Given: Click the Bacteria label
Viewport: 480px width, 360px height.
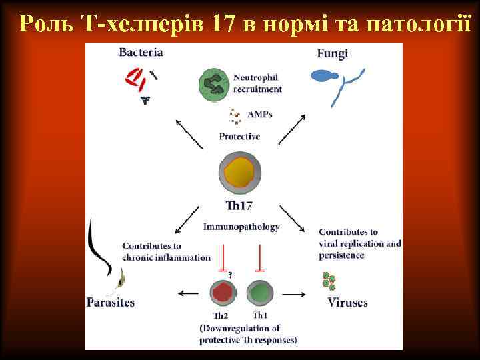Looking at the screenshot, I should (141, 52).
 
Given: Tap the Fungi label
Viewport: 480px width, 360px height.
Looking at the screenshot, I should (332, 53).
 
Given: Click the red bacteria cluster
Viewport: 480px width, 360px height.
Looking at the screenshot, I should (135, 79).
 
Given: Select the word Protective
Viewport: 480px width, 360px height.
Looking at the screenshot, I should (239, 137).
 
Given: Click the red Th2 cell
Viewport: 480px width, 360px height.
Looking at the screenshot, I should (222, 293).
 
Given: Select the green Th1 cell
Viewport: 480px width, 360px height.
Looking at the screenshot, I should (259, 293).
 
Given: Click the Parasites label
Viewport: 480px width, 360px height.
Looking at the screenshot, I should (111, 303).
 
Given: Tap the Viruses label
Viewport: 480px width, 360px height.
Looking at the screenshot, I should (347, 303).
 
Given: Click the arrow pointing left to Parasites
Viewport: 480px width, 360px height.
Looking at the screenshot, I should (189, 293).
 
